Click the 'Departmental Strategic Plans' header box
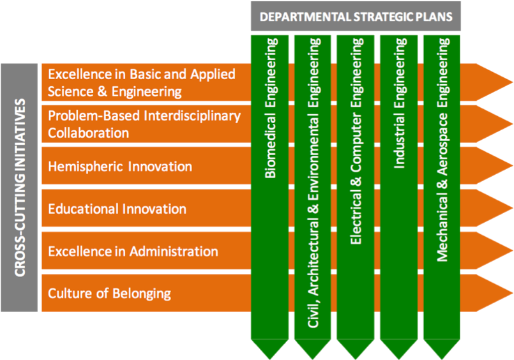[356, 17]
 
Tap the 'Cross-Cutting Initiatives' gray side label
[19, 187]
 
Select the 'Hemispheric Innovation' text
[120, 167]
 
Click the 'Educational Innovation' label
[117, 209]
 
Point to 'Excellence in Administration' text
[133, 251]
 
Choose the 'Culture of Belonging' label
[109, 293]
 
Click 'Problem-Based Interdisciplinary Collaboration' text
[144, 124]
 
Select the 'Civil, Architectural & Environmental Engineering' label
[314, 183]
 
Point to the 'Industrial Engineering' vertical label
[400, 103]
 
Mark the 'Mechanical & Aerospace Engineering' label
[442, 149]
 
